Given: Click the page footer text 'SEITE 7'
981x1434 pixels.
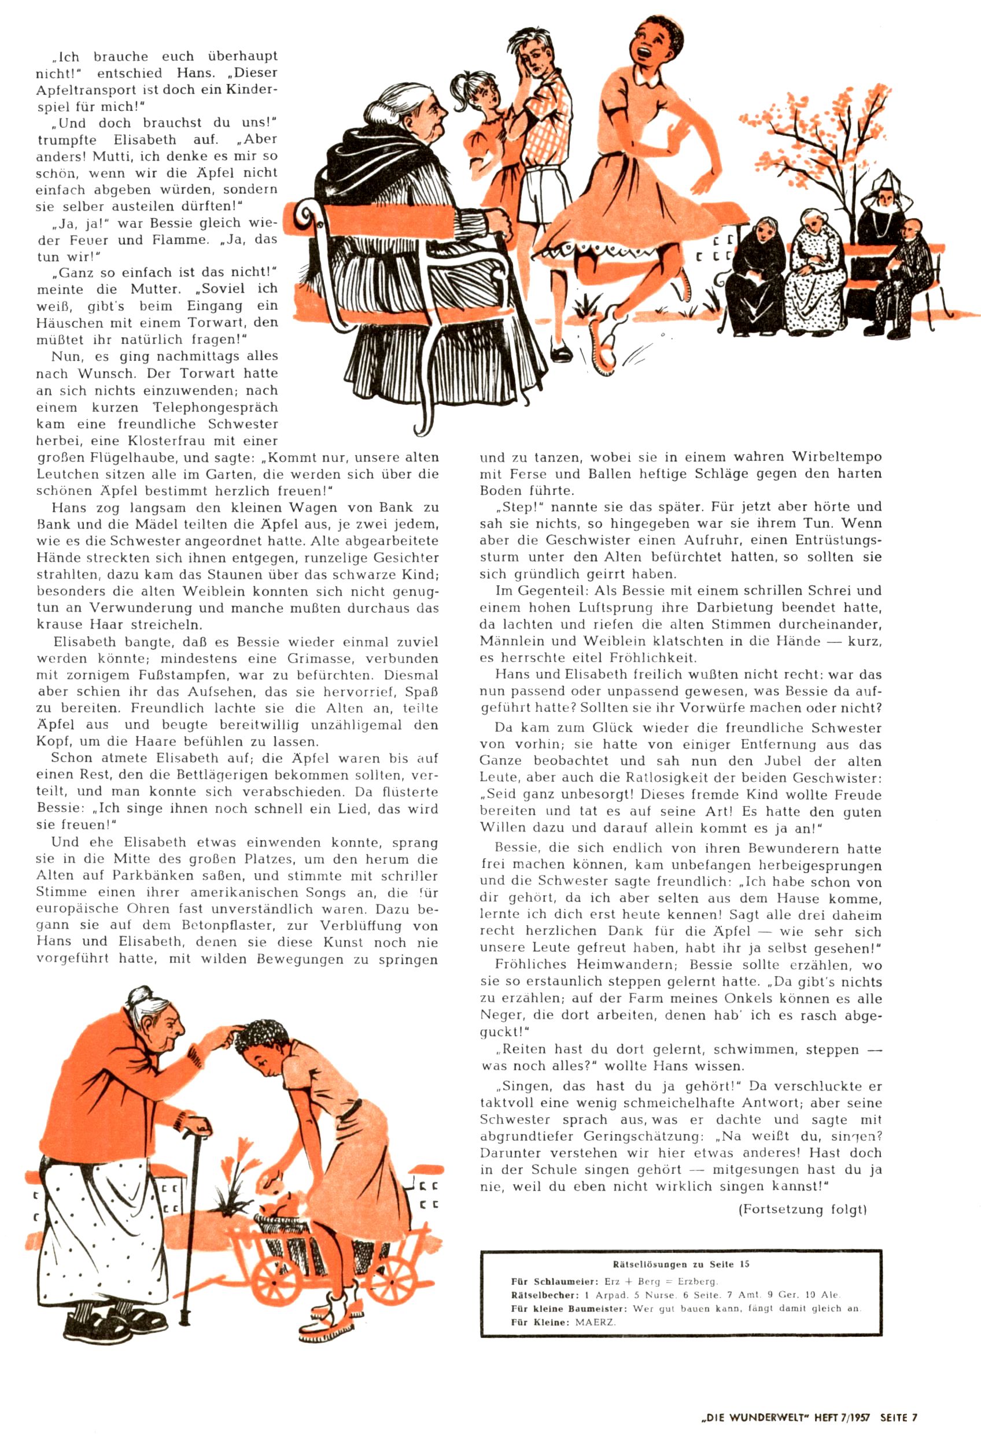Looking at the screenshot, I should pyautogui.click(x=899, y=1417).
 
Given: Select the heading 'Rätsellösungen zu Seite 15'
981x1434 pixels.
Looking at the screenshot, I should pyautogui.click(x=681, y=1263).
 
